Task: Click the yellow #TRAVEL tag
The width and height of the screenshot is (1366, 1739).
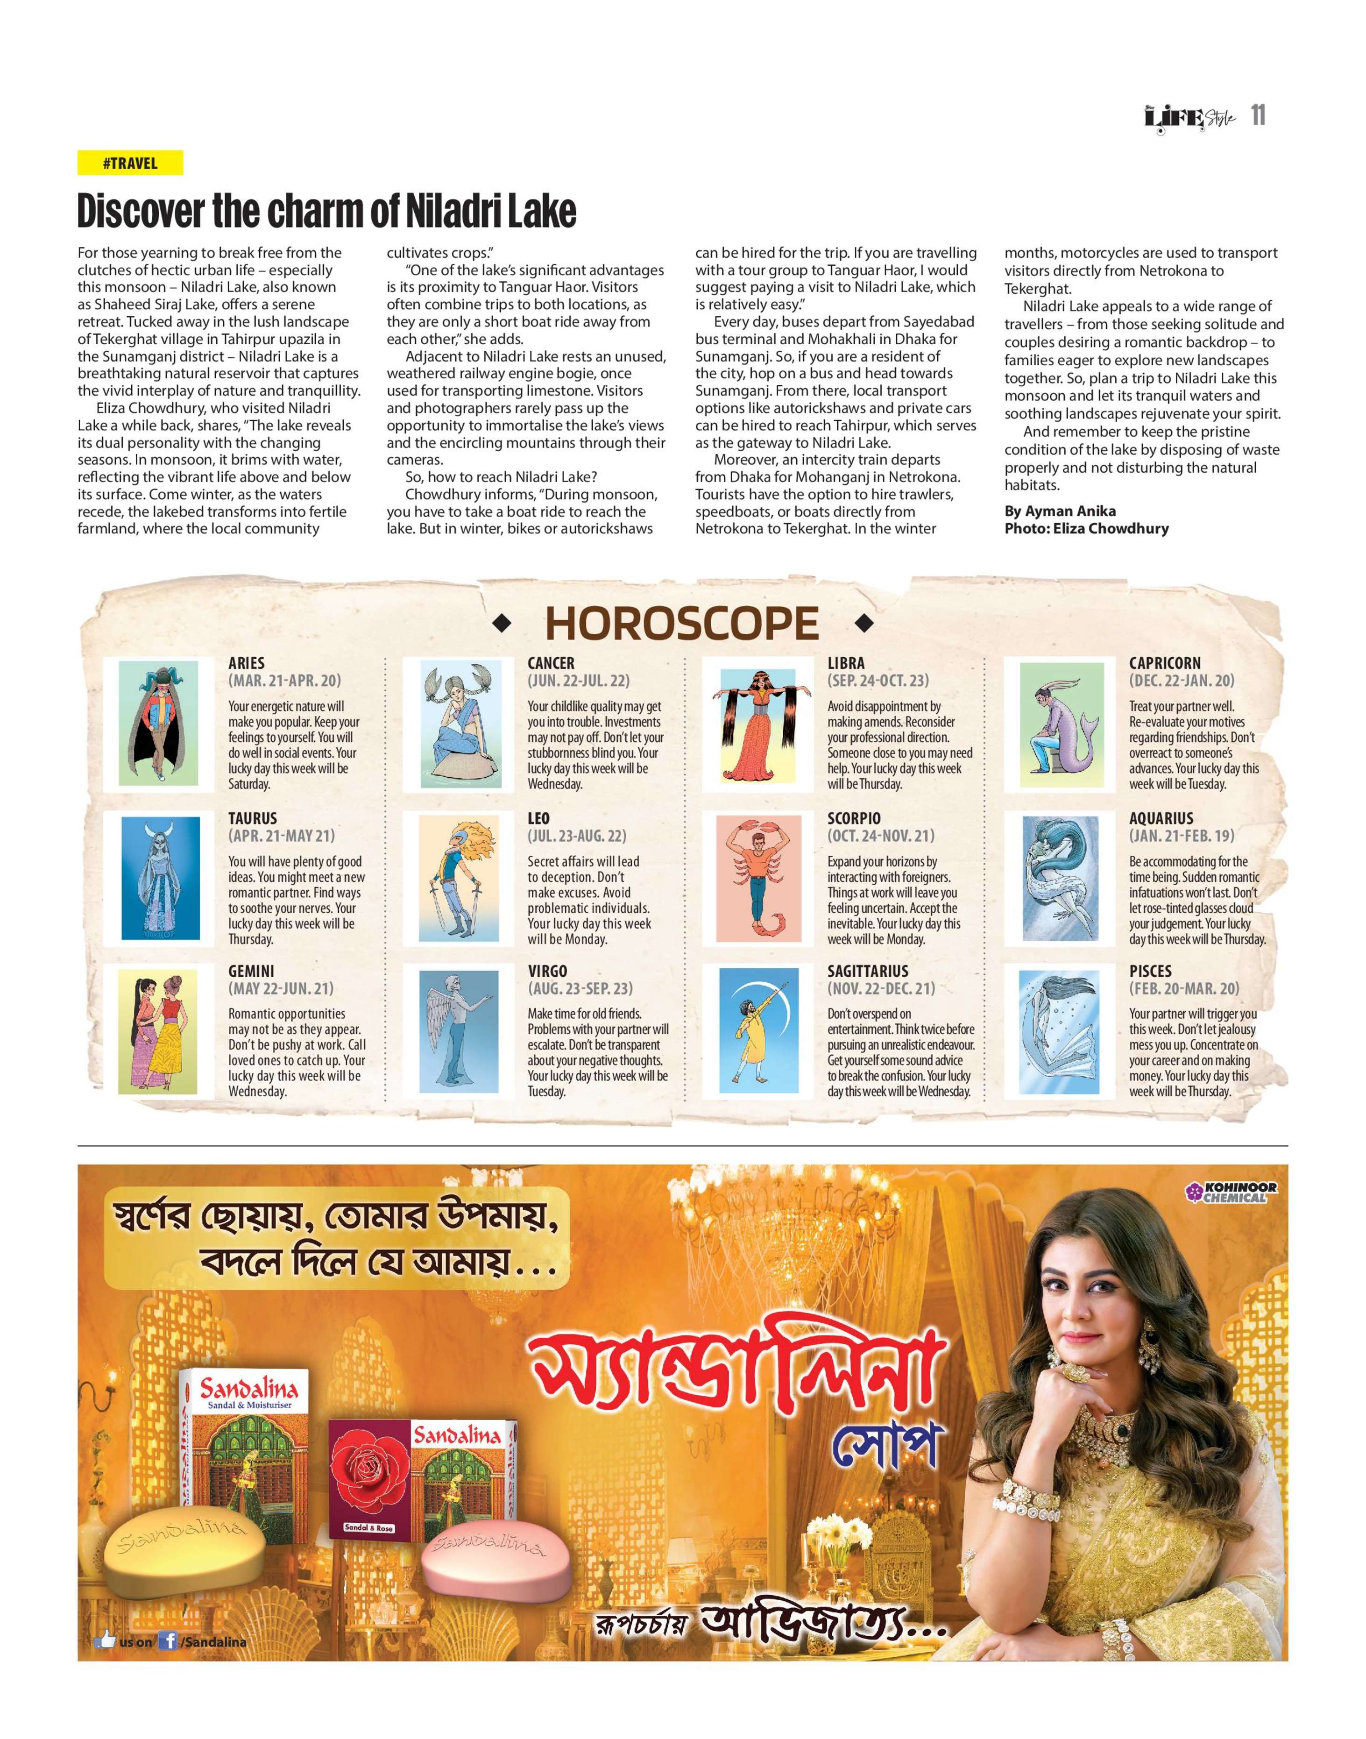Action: (x=129, y=163)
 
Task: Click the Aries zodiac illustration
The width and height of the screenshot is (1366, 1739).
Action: (x=157, y=723)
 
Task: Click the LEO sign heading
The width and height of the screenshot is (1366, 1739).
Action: (x=538, y=818)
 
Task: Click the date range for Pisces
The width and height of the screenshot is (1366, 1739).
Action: (x=1184, y=989)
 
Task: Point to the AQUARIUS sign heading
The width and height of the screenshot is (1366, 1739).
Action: (x=1161, y=818)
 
